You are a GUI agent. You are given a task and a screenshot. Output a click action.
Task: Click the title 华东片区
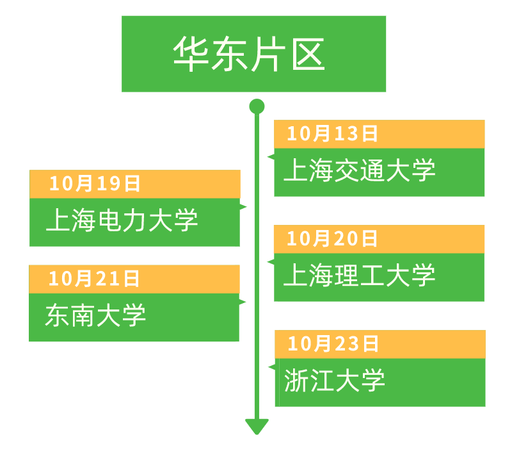(x=249, y=54)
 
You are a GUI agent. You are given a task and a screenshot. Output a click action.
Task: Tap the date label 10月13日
(x=332, y=134)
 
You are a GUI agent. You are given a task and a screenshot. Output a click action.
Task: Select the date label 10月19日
(x=95, y=183)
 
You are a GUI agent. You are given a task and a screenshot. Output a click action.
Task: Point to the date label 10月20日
(x=332, y=238)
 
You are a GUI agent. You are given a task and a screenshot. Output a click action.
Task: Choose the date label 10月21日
(x=94, y=279)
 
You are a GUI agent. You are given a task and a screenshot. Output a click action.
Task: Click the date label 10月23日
(x=333, y=344)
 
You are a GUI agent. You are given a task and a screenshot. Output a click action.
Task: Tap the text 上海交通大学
(x=360, y=170)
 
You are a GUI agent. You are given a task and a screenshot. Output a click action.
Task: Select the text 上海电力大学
(x=122, y=220)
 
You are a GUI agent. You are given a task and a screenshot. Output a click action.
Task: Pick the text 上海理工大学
(x=359, y=276)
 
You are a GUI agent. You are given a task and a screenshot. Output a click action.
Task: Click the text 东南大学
(x=95, y=315)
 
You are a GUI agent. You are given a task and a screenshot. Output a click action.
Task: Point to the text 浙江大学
(x=335, y=380)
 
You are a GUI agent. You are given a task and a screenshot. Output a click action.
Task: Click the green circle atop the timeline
(x=257, y=106)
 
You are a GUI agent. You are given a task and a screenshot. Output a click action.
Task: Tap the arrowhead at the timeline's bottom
(x=257, y=426)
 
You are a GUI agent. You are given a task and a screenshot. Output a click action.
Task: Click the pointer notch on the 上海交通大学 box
(x=271, y=157)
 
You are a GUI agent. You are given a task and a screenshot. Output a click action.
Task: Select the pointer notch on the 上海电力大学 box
(x=243, y=206)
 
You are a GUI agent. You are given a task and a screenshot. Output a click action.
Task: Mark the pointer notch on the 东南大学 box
(x=243, y=302)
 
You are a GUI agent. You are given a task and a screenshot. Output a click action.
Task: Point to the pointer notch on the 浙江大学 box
(x=272, y=368)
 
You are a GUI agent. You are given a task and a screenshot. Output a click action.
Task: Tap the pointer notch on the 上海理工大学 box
(x=271, y=262)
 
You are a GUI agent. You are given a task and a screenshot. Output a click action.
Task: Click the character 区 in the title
(x=308, y=54)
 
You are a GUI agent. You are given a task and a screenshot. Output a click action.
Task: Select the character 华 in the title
(x=190, y=54)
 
